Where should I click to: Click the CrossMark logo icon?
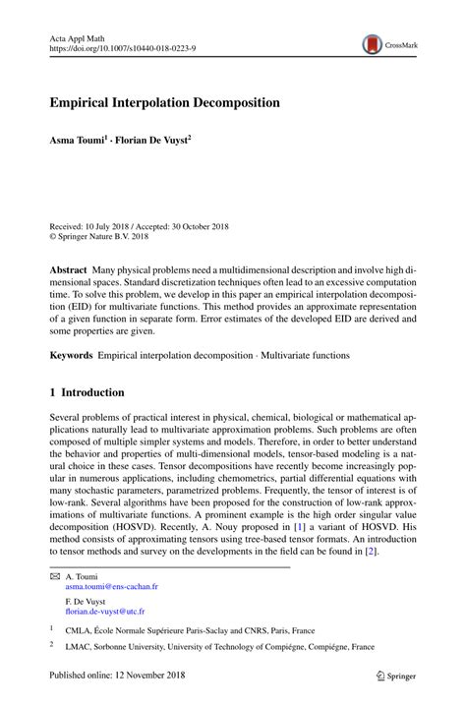[x=372, y=43]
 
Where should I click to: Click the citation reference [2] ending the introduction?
[x=371, y=552]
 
